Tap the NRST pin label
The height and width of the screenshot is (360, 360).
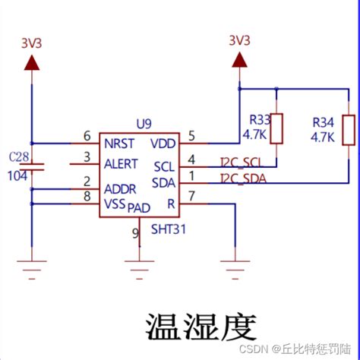(x=121, y=142)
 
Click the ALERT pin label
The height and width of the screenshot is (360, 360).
(x=122, y=163)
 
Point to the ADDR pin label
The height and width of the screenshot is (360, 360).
(x=121, y=188)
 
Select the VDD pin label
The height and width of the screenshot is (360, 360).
(x=163, y=143)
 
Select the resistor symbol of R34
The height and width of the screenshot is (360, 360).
(x=349, y=129)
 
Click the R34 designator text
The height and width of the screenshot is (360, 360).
(x=324, y=122)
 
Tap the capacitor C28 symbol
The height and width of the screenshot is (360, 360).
(x=32, y=166)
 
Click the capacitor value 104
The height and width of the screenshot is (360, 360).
(x=17, y=175)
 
